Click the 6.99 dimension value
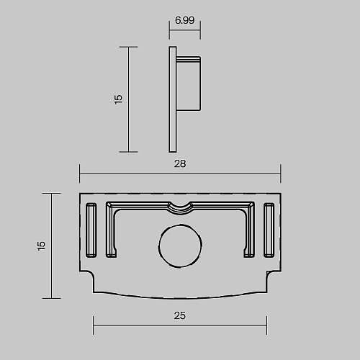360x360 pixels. tap(184, 20)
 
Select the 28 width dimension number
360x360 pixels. tap(180, 163)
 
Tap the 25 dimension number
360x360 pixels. tap(180, 315)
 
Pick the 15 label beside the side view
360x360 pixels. tap(118, 99)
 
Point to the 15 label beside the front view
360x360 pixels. tap(41, 246)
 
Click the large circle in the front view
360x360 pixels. tap(180, 246)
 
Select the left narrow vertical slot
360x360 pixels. tap(91, 230)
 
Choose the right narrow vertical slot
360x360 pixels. tap(269, 230)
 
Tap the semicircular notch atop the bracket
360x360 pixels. tap(180, 208)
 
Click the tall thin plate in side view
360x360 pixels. tap(173, 99)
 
